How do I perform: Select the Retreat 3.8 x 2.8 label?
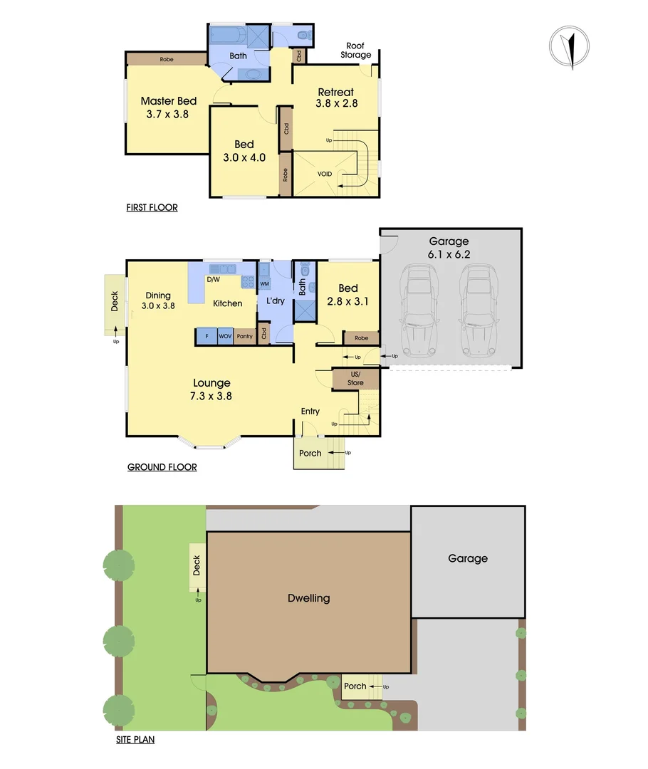[336, 98]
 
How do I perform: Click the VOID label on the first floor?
[325, 174]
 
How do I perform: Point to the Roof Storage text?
[355, 51]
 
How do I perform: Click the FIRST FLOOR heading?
[152, 208]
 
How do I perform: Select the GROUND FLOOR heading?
[162, 467]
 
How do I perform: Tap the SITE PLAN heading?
[135, 740]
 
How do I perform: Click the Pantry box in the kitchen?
[244, 336]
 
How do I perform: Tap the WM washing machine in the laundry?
[264, 284]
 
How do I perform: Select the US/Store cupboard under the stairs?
[355, 379]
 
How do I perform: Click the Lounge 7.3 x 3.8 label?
[211, 389]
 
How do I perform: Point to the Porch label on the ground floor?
[310, 453]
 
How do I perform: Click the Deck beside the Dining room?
[115, 304]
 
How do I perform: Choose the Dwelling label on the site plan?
[308, 598]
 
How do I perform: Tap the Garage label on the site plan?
[468, 559]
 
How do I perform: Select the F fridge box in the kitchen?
[207, 336]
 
